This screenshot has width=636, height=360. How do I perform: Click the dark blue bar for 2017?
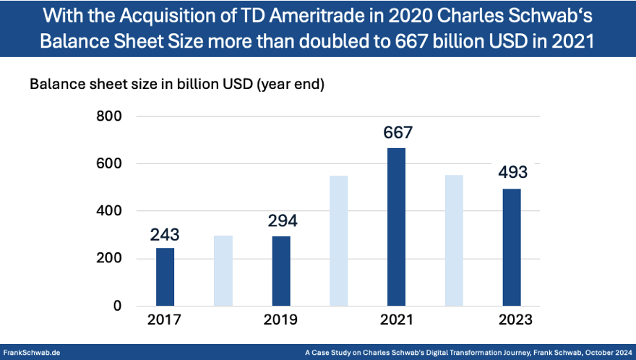166,277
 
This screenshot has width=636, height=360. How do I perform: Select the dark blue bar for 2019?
281,271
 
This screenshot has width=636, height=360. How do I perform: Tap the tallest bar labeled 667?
397,226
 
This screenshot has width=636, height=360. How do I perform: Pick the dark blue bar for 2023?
512,247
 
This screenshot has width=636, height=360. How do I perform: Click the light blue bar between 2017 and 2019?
223,270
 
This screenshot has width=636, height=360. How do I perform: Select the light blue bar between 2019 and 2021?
339,241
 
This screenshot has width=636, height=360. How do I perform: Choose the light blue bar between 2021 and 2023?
454,240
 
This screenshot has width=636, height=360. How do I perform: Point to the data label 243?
165,235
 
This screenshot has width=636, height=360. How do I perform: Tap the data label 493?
512,173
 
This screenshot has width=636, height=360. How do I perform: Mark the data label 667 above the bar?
397,133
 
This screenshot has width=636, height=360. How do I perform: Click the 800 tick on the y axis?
108,116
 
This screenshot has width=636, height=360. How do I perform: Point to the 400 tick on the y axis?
108,211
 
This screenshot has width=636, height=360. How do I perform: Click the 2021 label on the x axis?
397,320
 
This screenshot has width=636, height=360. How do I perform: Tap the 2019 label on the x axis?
281,320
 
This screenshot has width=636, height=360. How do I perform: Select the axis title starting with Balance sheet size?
177,84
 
